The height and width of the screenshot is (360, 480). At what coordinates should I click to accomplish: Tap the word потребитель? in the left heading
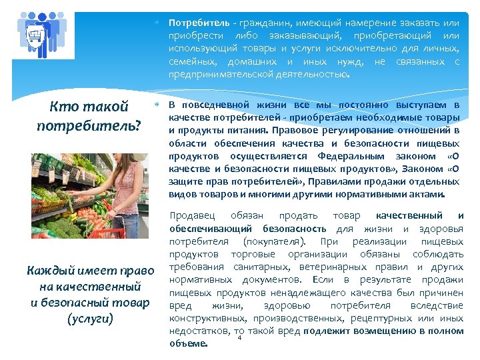[89, 125]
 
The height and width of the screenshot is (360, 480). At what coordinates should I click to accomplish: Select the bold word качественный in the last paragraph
[409, 215]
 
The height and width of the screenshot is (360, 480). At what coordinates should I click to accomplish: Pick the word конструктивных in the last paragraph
[205, 318]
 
